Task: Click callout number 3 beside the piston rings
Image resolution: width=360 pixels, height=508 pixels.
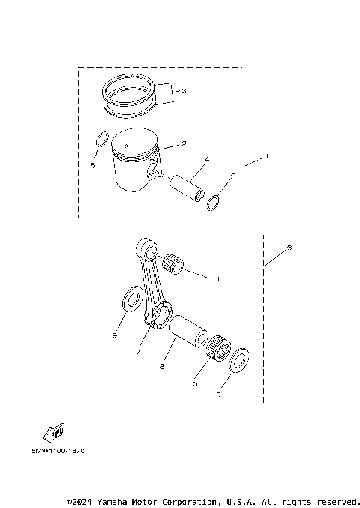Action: coord(184,91)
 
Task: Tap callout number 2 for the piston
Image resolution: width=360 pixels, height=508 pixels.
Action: coord(184,143)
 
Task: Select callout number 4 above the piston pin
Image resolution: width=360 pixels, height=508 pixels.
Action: coord(206,159)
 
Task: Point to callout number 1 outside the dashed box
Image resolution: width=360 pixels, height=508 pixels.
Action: coord(265,158)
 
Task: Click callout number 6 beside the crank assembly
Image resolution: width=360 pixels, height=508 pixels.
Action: coord(290,248)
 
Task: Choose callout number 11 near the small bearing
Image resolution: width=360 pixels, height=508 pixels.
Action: coord(216,279)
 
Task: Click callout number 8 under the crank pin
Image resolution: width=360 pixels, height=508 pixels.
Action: coord(162,368)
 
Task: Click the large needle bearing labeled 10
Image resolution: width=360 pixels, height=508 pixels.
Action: coord(217,347)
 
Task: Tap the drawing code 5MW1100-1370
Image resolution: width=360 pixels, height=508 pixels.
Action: coord(58,452)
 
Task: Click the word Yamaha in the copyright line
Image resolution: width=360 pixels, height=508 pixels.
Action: coord(111,500)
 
